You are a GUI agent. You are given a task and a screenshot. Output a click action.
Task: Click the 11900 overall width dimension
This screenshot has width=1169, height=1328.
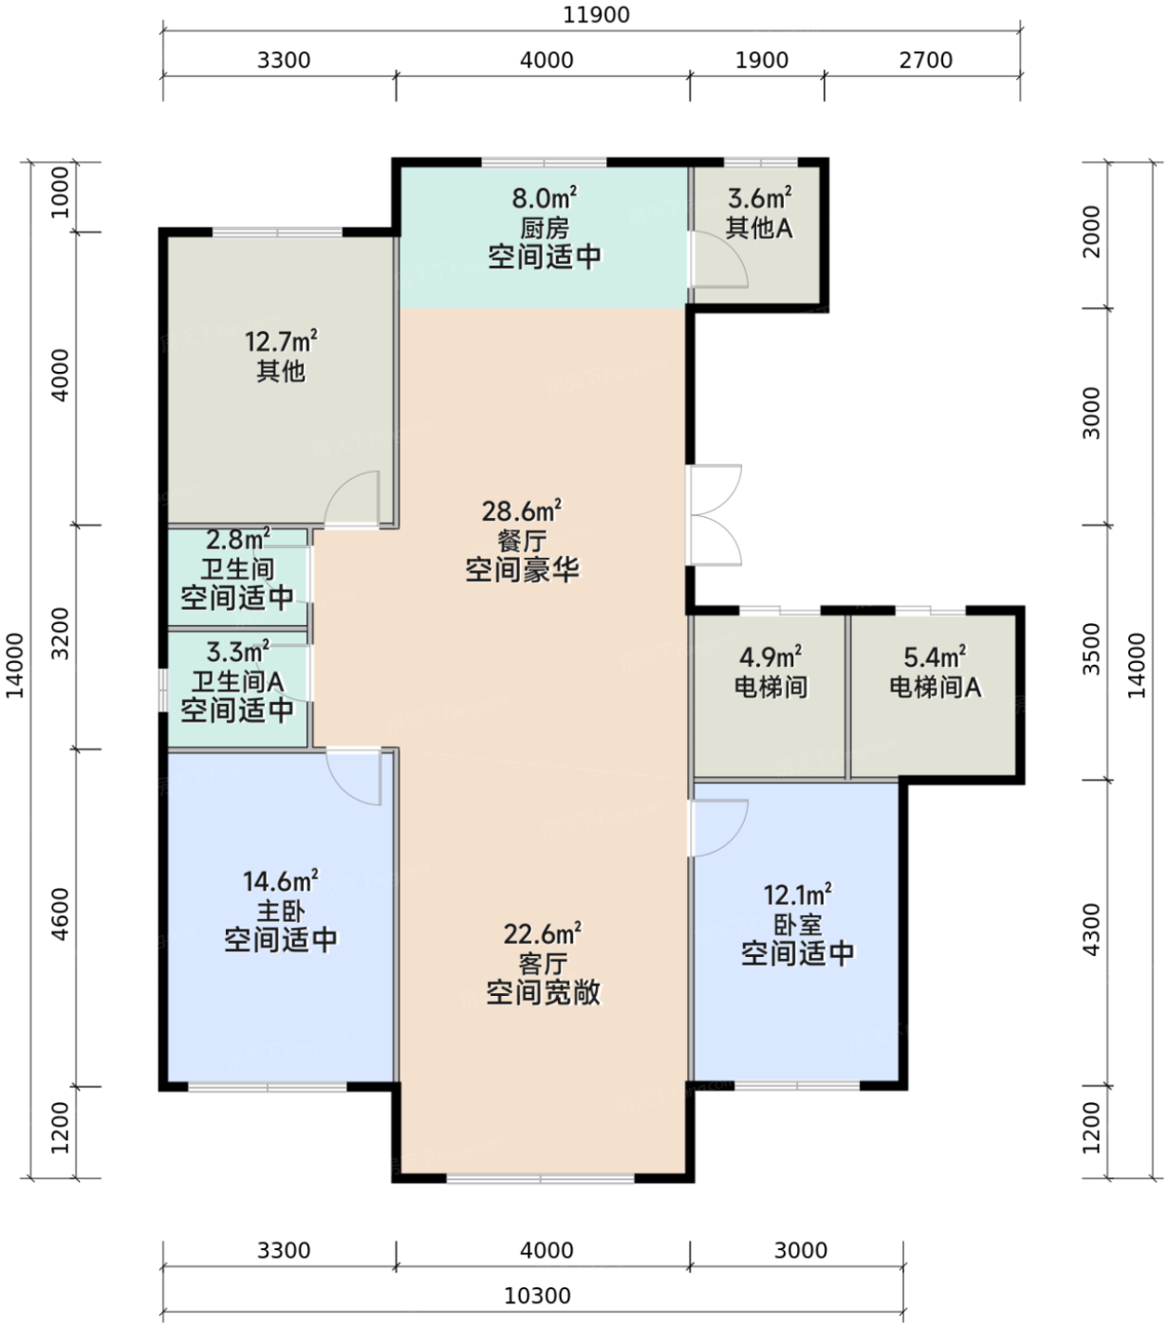596,15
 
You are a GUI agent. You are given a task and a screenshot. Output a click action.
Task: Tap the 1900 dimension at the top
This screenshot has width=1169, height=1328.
761,61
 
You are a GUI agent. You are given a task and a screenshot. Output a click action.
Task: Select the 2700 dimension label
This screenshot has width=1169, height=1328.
925,61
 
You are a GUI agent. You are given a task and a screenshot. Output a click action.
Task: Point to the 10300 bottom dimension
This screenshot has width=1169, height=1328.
537,1296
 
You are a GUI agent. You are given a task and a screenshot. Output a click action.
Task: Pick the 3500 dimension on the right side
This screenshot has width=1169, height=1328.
1091,649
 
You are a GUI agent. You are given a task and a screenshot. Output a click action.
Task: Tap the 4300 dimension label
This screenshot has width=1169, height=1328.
1091,930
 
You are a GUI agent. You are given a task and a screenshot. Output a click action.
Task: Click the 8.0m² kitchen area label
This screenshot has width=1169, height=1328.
545,196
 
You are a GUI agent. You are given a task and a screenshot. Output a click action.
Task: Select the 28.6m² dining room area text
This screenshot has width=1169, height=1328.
521,510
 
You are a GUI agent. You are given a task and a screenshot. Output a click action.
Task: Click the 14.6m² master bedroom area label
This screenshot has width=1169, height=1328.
281,881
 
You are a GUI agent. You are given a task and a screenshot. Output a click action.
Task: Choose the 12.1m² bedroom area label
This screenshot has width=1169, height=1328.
797,895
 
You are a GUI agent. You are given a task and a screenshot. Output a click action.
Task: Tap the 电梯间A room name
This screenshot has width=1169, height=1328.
935,688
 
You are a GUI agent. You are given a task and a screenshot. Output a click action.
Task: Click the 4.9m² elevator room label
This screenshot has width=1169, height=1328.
770,656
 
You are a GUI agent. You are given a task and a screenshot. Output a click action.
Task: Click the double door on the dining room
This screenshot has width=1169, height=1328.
714,514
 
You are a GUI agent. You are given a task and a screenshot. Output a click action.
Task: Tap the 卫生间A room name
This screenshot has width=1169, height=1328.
237,682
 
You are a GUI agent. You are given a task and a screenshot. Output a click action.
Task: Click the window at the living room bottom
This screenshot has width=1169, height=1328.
540,1178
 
